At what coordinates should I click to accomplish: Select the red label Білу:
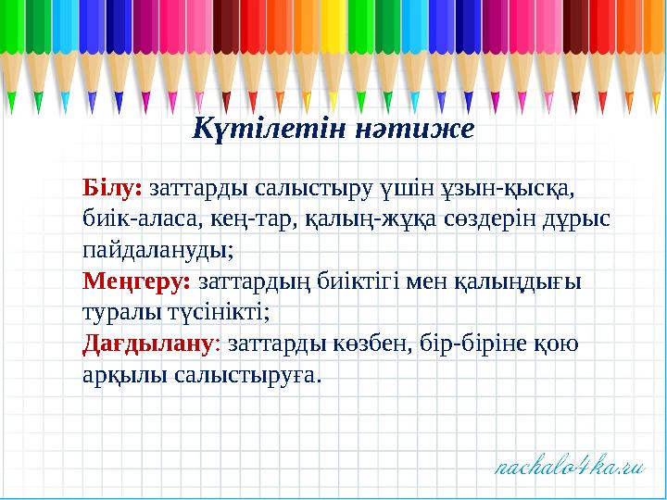pyautogui.click(x=112, y=188)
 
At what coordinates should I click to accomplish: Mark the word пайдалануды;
pyautogui.click(x=157, y=251)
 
